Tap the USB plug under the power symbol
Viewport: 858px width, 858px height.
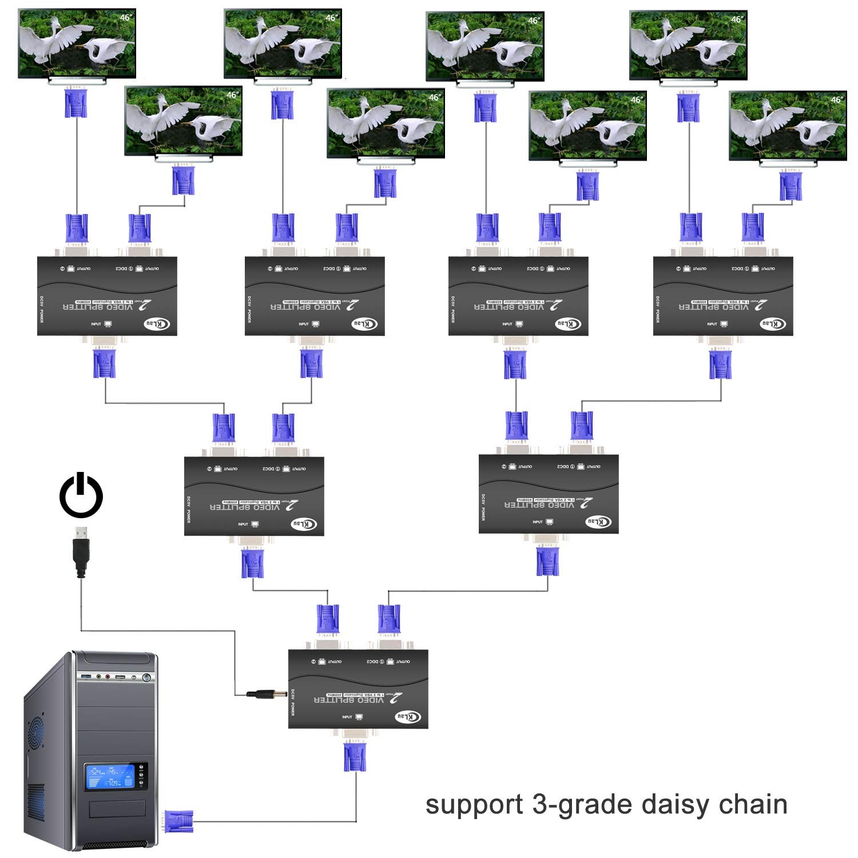tap(81, 551)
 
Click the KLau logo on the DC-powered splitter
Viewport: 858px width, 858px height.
tap(410, 717)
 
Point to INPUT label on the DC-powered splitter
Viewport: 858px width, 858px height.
tap(347, 717)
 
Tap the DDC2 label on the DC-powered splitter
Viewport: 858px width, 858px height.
tap(372, 662)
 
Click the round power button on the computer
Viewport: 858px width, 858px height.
tap(147, 678)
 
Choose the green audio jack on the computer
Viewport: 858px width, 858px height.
tap(99, 677)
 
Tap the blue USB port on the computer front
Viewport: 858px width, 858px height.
tap(86, 677)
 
